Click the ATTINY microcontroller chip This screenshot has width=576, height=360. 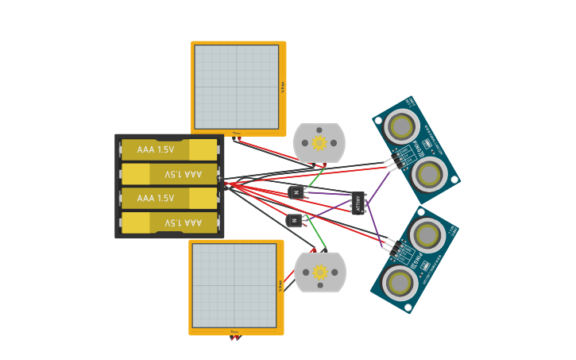(358, 202)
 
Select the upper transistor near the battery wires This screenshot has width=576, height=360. (296, 192)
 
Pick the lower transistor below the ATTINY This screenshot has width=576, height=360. (294, 220)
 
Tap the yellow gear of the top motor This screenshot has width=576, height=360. (319, 143)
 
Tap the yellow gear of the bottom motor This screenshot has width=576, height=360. (320, 273)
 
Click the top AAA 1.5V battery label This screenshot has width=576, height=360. (155, 149)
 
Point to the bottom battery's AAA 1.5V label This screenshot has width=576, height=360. (184, 223)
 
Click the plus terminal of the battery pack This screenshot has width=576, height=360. (220, 177)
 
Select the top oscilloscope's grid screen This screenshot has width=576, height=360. (236, 87)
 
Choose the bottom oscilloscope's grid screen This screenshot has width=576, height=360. (234, 285)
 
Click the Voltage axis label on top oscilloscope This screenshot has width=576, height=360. (283, 87)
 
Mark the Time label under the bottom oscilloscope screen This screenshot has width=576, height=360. (234, 331)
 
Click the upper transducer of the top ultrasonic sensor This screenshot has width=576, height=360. (401, 126)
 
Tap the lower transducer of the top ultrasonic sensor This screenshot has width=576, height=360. (429, 174)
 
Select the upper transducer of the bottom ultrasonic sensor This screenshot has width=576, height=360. (427, 234)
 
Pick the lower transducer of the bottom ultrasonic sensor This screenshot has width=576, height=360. (399, 282)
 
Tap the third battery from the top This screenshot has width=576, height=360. (168, 198)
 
